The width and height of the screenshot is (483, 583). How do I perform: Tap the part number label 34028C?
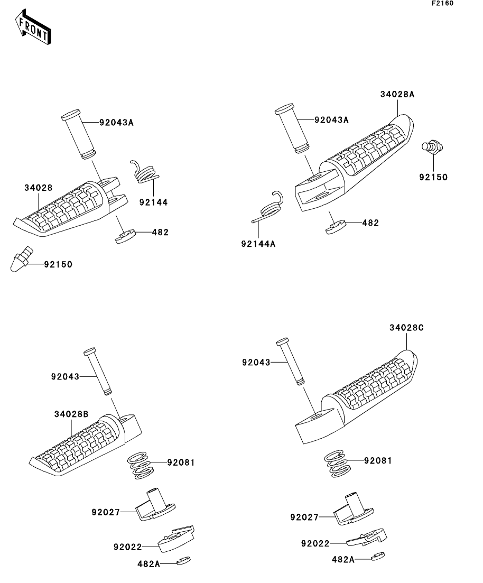tap(406, 327)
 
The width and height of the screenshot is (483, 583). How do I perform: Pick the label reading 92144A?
tap(258, 244)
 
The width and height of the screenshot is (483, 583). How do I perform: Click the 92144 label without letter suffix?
tap(154, 202)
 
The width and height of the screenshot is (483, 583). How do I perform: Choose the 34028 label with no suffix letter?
tap(38, 188)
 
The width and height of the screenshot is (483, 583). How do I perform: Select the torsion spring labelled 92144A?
tap(271, 206)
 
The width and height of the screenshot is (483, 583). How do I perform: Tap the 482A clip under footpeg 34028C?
tap(378, 556)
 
